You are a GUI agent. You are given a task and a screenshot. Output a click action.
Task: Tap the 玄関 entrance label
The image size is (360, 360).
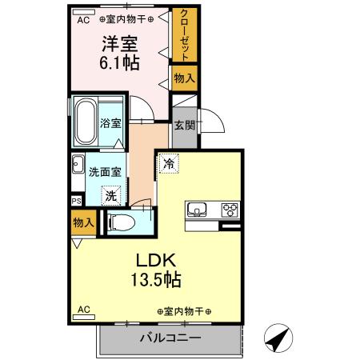[183, 125]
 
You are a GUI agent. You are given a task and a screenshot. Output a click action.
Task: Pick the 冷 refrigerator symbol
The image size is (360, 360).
[169, 163]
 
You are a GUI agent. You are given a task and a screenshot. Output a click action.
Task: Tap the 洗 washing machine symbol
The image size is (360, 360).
[114, 194]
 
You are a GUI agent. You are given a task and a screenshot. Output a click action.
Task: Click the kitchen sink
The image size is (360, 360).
[197, 210]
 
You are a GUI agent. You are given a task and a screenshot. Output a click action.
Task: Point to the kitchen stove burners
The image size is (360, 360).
[230, 210]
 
